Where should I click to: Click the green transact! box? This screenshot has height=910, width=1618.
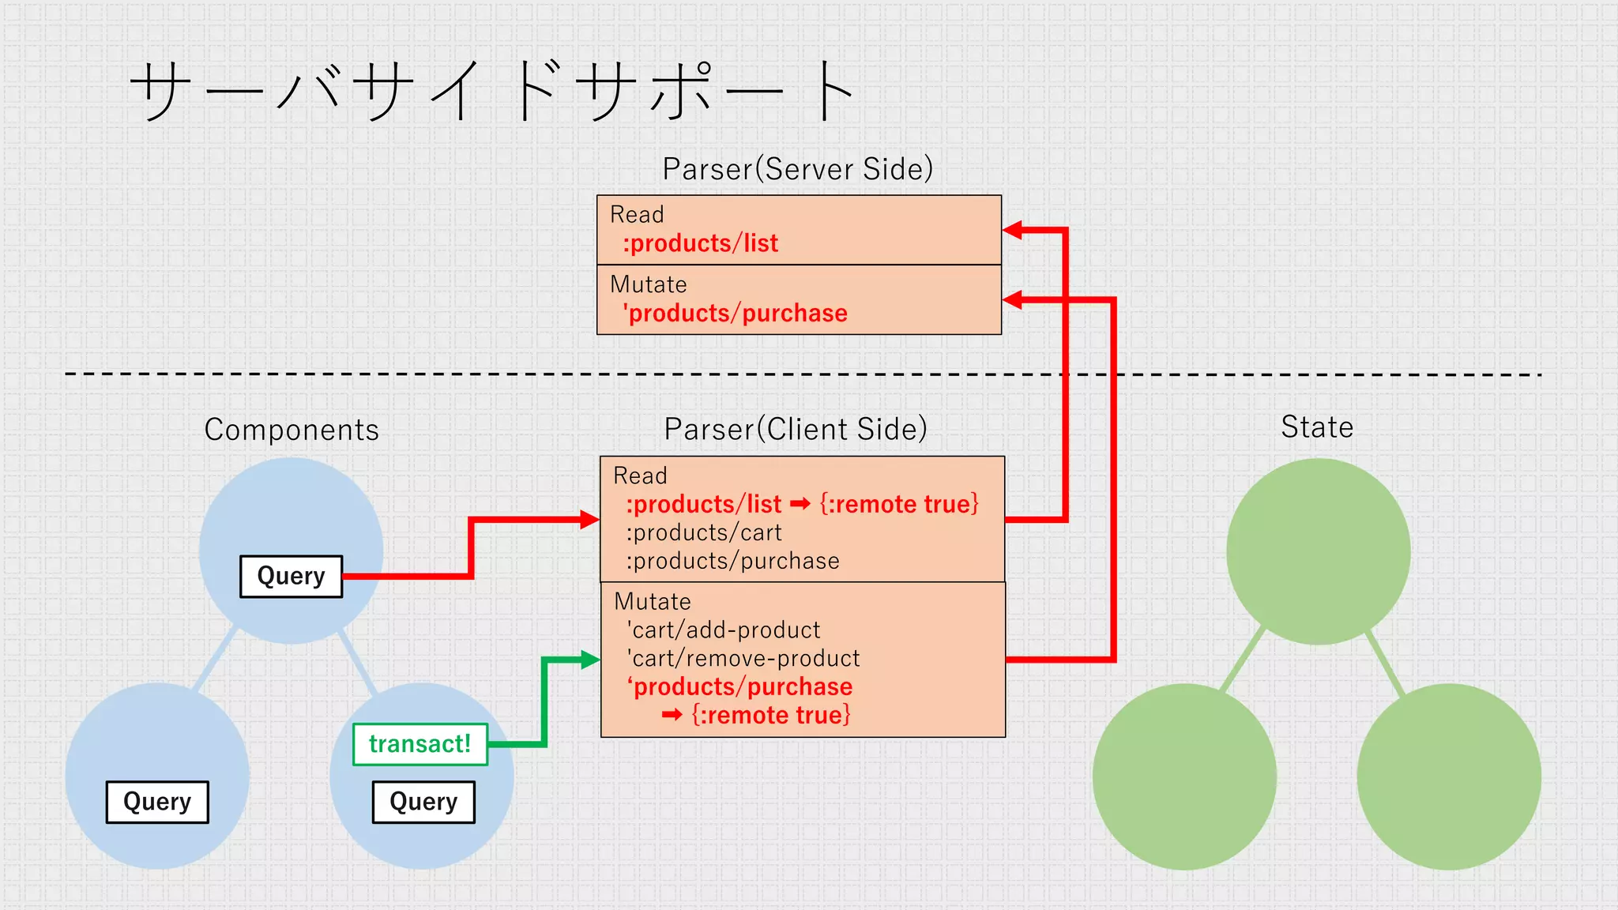420,744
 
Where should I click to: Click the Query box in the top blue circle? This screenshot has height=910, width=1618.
291,576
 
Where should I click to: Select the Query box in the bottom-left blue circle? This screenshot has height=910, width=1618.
157,802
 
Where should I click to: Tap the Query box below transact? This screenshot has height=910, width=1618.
423,802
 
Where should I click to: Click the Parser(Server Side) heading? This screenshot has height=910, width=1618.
797,169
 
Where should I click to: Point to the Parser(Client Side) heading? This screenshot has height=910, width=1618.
795,429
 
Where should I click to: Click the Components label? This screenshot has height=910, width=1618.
292,430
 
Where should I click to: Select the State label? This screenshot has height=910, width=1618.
1317,427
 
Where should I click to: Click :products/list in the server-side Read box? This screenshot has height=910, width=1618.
700,243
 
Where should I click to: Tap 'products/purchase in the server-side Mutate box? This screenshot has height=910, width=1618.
735,314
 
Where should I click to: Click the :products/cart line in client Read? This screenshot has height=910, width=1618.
704,532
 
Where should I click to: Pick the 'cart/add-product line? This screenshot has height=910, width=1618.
724,630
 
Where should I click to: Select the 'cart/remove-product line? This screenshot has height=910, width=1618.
743,658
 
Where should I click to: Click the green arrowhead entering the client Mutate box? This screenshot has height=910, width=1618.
590,660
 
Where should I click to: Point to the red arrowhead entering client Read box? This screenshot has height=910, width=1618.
589,519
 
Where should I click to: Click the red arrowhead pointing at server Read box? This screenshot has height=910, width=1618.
1013,230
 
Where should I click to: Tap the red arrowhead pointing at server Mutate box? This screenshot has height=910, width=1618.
1013,299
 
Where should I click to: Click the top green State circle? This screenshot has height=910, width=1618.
1318,551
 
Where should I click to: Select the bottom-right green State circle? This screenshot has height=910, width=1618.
1448,777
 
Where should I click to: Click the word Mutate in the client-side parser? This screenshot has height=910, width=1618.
653,602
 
